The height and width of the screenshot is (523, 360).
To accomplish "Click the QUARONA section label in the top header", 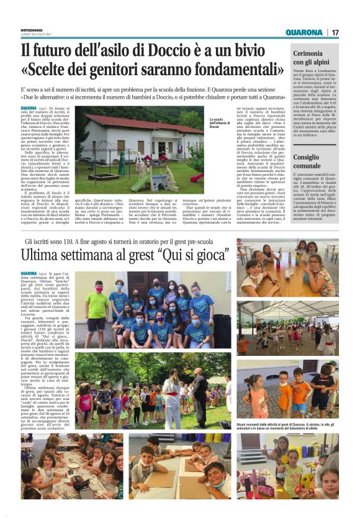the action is click(x=304, y=32).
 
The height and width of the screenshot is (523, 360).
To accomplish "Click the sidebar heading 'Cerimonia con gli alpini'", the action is click(x=317, y=58).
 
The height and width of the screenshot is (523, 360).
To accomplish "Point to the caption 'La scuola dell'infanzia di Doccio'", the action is click(x=219, y=123).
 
